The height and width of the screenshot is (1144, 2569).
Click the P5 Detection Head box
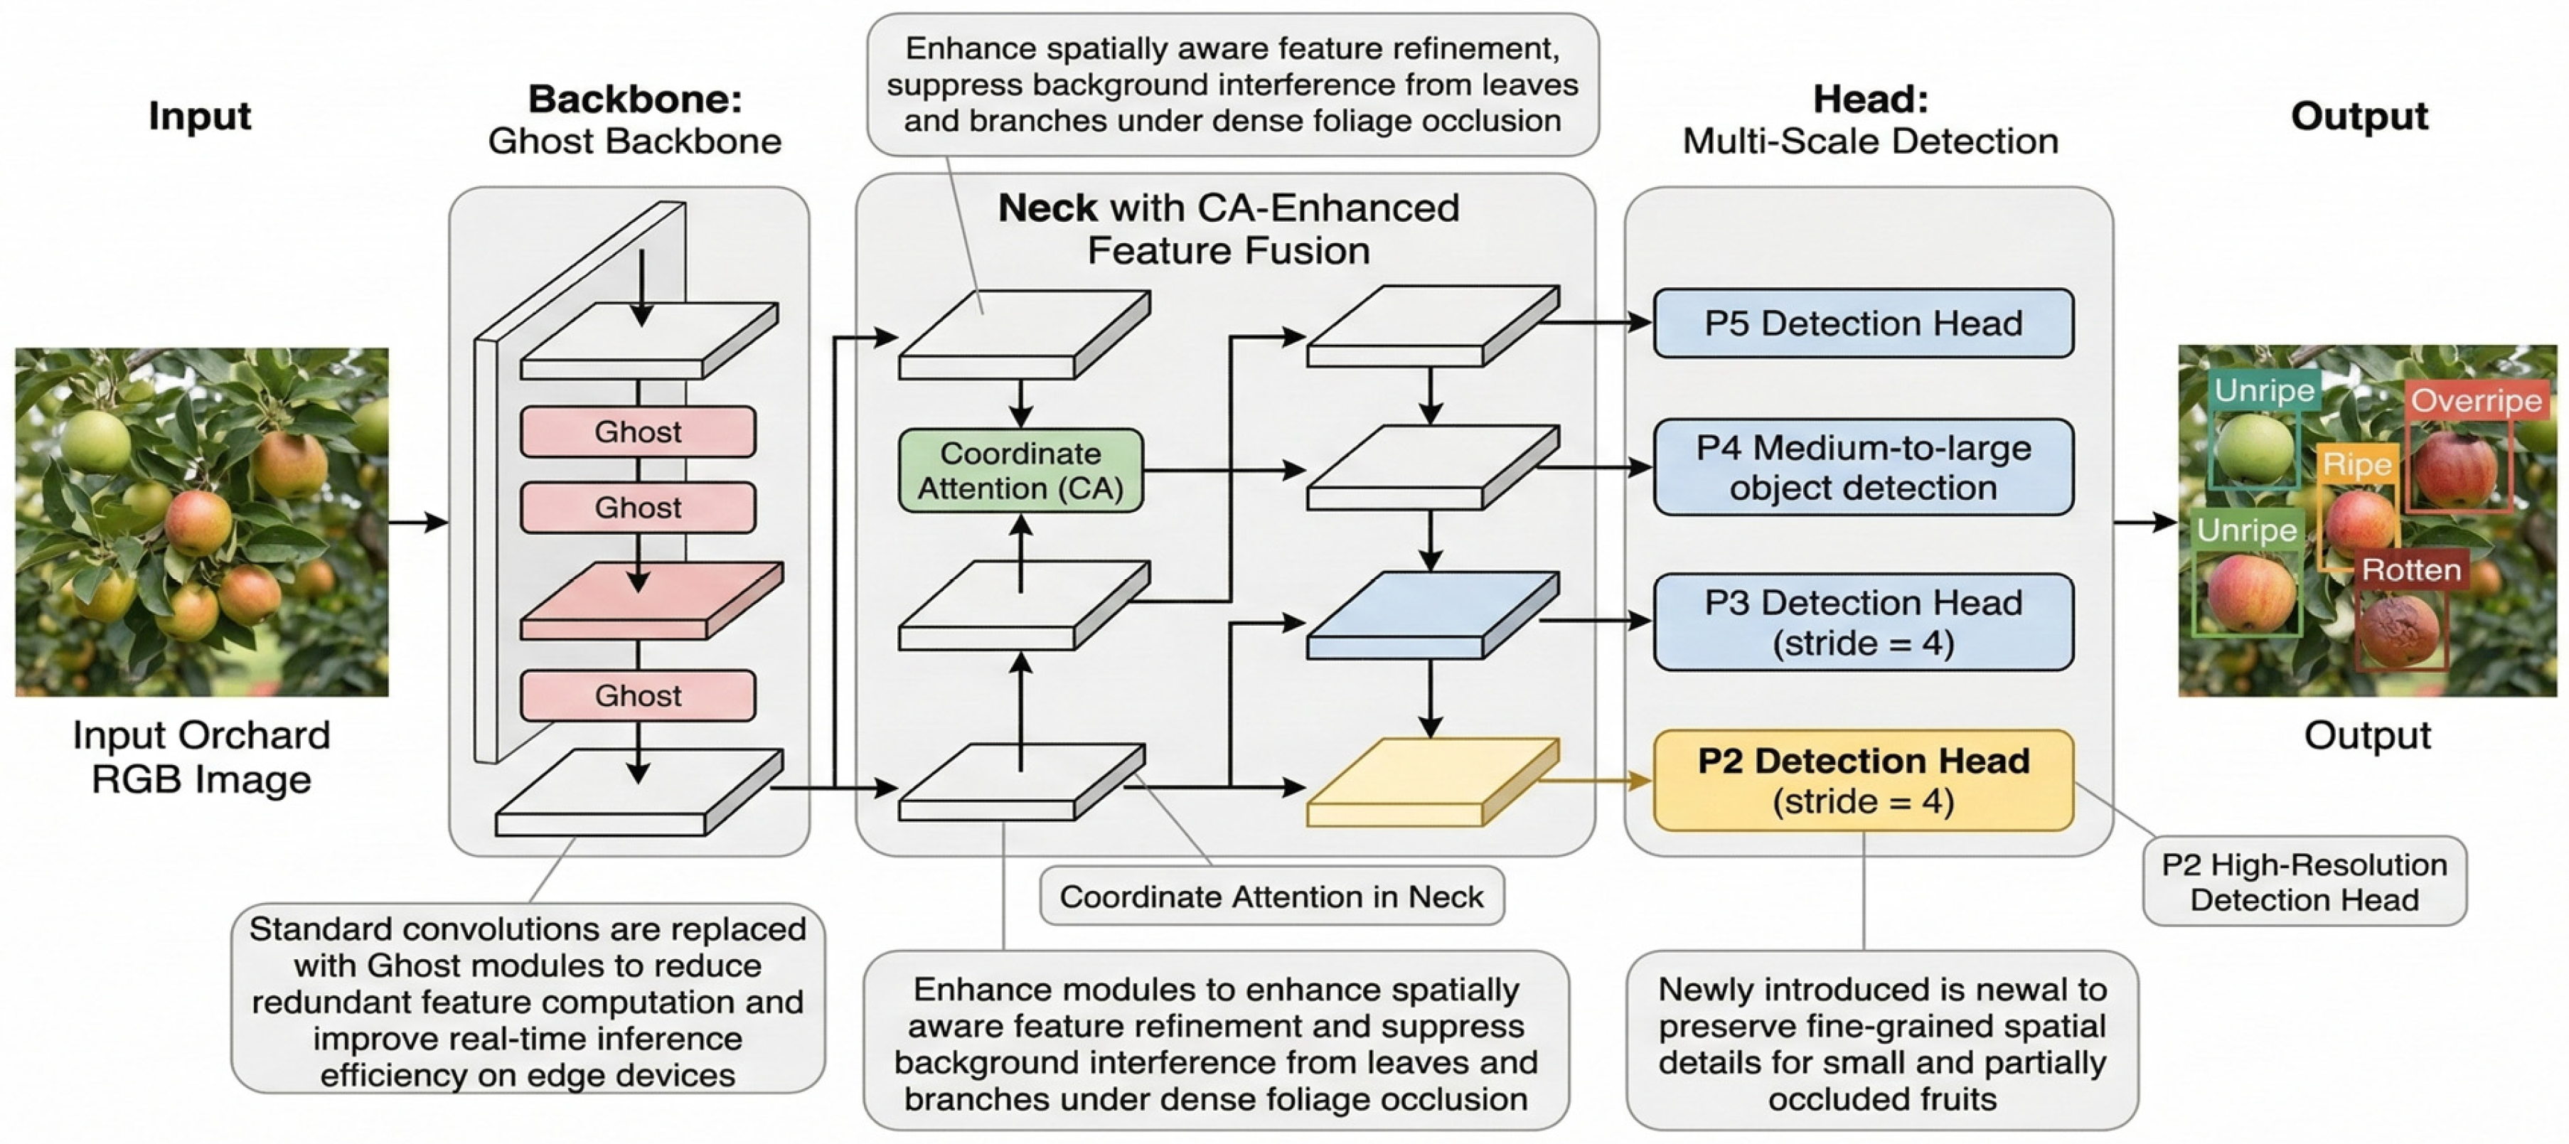1863,324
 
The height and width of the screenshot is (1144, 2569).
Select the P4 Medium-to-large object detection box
1863,467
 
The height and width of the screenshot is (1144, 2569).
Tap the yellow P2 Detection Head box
1863,780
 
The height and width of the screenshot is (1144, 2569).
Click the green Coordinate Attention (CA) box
1020,471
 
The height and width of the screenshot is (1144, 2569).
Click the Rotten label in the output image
2410,570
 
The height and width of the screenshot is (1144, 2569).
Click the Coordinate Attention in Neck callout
1271,896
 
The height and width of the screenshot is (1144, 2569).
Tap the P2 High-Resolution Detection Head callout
2304,882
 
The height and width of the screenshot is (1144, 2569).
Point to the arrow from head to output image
2145,522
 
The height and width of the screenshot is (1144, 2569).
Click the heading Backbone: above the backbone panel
634,99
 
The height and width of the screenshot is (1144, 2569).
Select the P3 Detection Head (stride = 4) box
1863,621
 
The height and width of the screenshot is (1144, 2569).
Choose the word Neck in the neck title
1047,208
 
